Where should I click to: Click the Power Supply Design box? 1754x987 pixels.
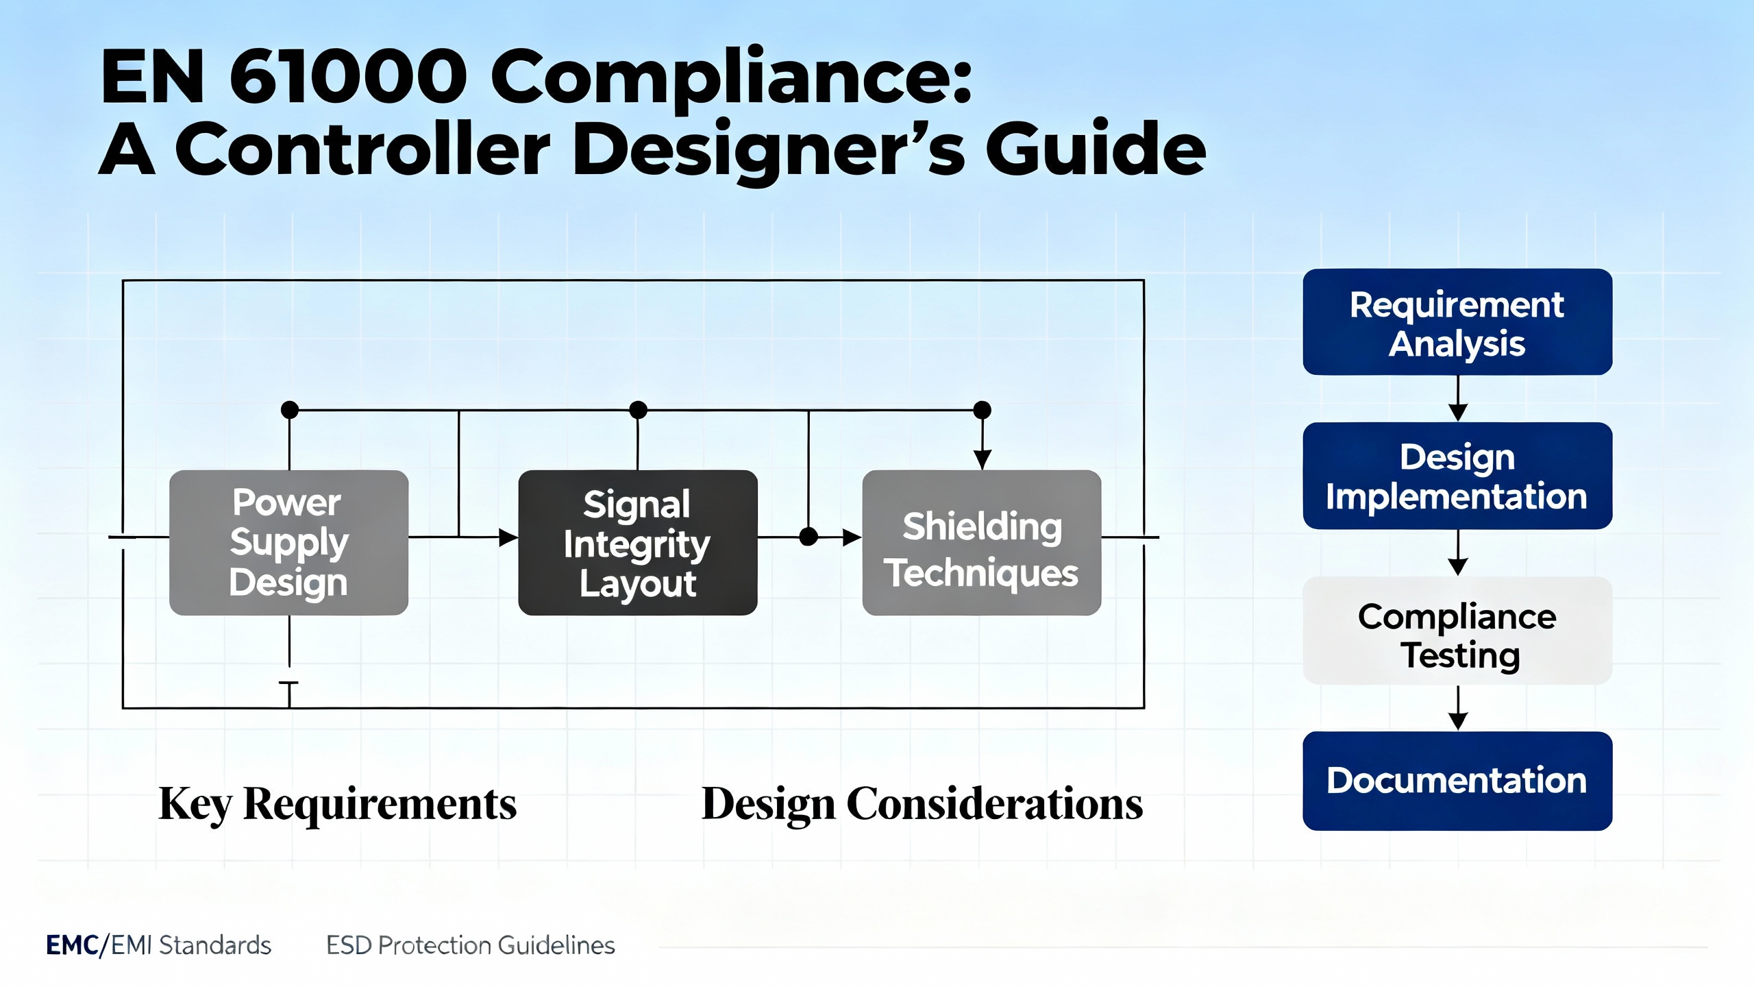click(288, 542)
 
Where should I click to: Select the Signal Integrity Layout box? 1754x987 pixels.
click(637, 542)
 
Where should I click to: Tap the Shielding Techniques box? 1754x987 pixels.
click(981, 542)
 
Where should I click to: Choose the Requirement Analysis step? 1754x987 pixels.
click(1457, 322)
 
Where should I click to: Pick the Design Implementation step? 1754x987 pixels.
click(1457, 476)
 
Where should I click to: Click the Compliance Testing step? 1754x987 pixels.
click(1457, 631)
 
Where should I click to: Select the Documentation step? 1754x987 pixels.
click(1457, 781)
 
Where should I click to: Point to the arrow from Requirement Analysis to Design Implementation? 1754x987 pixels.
click(1457, 400)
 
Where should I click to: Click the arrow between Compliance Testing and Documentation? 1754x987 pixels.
click(1457, 709)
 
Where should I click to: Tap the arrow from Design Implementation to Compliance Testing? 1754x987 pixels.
click(1457, 554)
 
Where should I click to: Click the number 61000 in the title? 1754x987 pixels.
click(348, 77)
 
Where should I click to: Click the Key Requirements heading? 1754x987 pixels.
click(338, 803)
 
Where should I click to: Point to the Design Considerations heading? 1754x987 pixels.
click(922, 803)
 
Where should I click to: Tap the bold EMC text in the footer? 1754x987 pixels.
click(72, 945)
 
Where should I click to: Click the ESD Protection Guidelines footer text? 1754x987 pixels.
click(470, 945)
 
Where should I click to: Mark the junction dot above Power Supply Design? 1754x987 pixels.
click(290, 410)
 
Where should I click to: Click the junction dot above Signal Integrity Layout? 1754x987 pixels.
click(638, 410)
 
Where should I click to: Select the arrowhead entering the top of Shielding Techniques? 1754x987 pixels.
click(982, 459)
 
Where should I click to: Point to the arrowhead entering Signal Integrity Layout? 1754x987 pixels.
click(508, 537)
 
